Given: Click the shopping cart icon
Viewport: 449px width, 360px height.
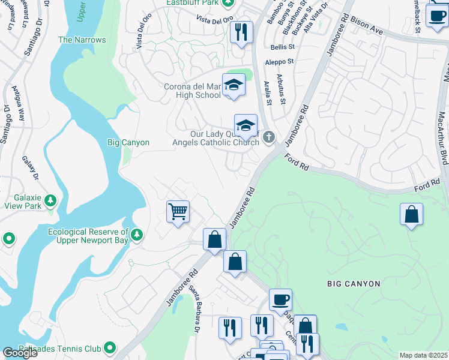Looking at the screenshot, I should pyautogui.click(x=178, y=212).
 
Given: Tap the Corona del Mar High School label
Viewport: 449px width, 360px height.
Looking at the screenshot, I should pyautogui.click(x=192, y=91).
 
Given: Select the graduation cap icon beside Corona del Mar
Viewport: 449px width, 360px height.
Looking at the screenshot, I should pyautogui.click(x=234, y=86).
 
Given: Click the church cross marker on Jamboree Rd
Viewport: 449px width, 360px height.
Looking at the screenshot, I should pyautogui.click(x=268, y=137).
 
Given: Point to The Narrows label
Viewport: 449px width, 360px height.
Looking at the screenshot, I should pyautogui.click(x=82, y=40).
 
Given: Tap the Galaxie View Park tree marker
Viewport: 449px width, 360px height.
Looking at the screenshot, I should pyautogui.click(x=51, y=200).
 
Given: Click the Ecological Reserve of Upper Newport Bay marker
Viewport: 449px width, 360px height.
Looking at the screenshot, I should pyautogui.click(x=137, y=233).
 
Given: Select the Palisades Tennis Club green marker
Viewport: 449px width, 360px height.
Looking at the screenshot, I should pyautogui.click(x=109, y=347).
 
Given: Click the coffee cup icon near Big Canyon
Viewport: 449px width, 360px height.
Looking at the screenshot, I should pyautogui.click(x=280, y=300).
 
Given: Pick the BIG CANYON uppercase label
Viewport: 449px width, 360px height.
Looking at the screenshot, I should pyautogui.click(x=354, y=283).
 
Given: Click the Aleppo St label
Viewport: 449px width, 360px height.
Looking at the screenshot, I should pyautogui.click(x=282, y=61).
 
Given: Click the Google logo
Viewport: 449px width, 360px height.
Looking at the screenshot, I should pyautogui.click(x=20, y=353).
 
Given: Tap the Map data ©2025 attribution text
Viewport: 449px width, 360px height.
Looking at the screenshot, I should pyautogui.click(x=424, y=355).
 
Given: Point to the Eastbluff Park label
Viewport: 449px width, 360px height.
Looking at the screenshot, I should pyautogui.click(x=192, y=2).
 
